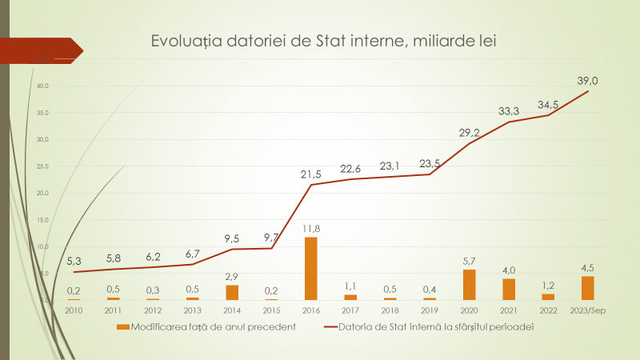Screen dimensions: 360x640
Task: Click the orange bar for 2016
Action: click(311, 268)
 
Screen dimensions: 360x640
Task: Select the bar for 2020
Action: click(470, 285)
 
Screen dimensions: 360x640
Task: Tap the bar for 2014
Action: click(232, 292)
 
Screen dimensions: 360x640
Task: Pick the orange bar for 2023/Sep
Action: click(588, 288)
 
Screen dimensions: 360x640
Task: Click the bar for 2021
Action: click(509, 289)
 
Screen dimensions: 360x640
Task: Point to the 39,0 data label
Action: click(588, 80)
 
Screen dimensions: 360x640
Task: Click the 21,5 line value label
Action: click(312, 174)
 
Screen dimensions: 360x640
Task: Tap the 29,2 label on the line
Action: click(470, 133)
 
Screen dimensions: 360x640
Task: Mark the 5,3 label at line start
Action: click(74, 262)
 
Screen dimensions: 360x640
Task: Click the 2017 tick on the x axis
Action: click(350, 310)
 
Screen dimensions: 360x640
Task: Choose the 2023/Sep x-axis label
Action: click(588, 310)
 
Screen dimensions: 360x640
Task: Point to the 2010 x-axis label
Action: click(74, 310)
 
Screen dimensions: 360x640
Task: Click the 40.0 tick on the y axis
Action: click(42, 86)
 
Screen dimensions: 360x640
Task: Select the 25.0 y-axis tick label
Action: click(42, 166)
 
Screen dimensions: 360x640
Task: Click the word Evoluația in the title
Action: click(185, 42)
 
